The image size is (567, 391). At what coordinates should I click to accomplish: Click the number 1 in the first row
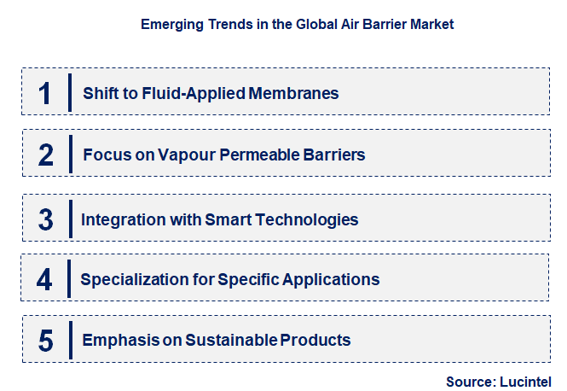pyautogui.click(x=45, y=93)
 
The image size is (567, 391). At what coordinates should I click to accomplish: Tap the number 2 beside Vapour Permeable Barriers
pyautogui.click(x=46, y=155)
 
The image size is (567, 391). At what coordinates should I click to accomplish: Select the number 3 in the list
pyautogui.click(x=46, y=219)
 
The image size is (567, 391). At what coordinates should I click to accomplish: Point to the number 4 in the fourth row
pyautogui.click(x=45, y=279)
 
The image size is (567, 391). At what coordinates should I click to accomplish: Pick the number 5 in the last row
pyautogui.click(x=46, y=341)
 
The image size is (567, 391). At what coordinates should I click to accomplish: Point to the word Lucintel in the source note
pyautogui.click(x=527, y=381)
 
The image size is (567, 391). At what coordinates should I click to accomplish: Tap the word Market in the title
pyautogui.click(x=431, y=25)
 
